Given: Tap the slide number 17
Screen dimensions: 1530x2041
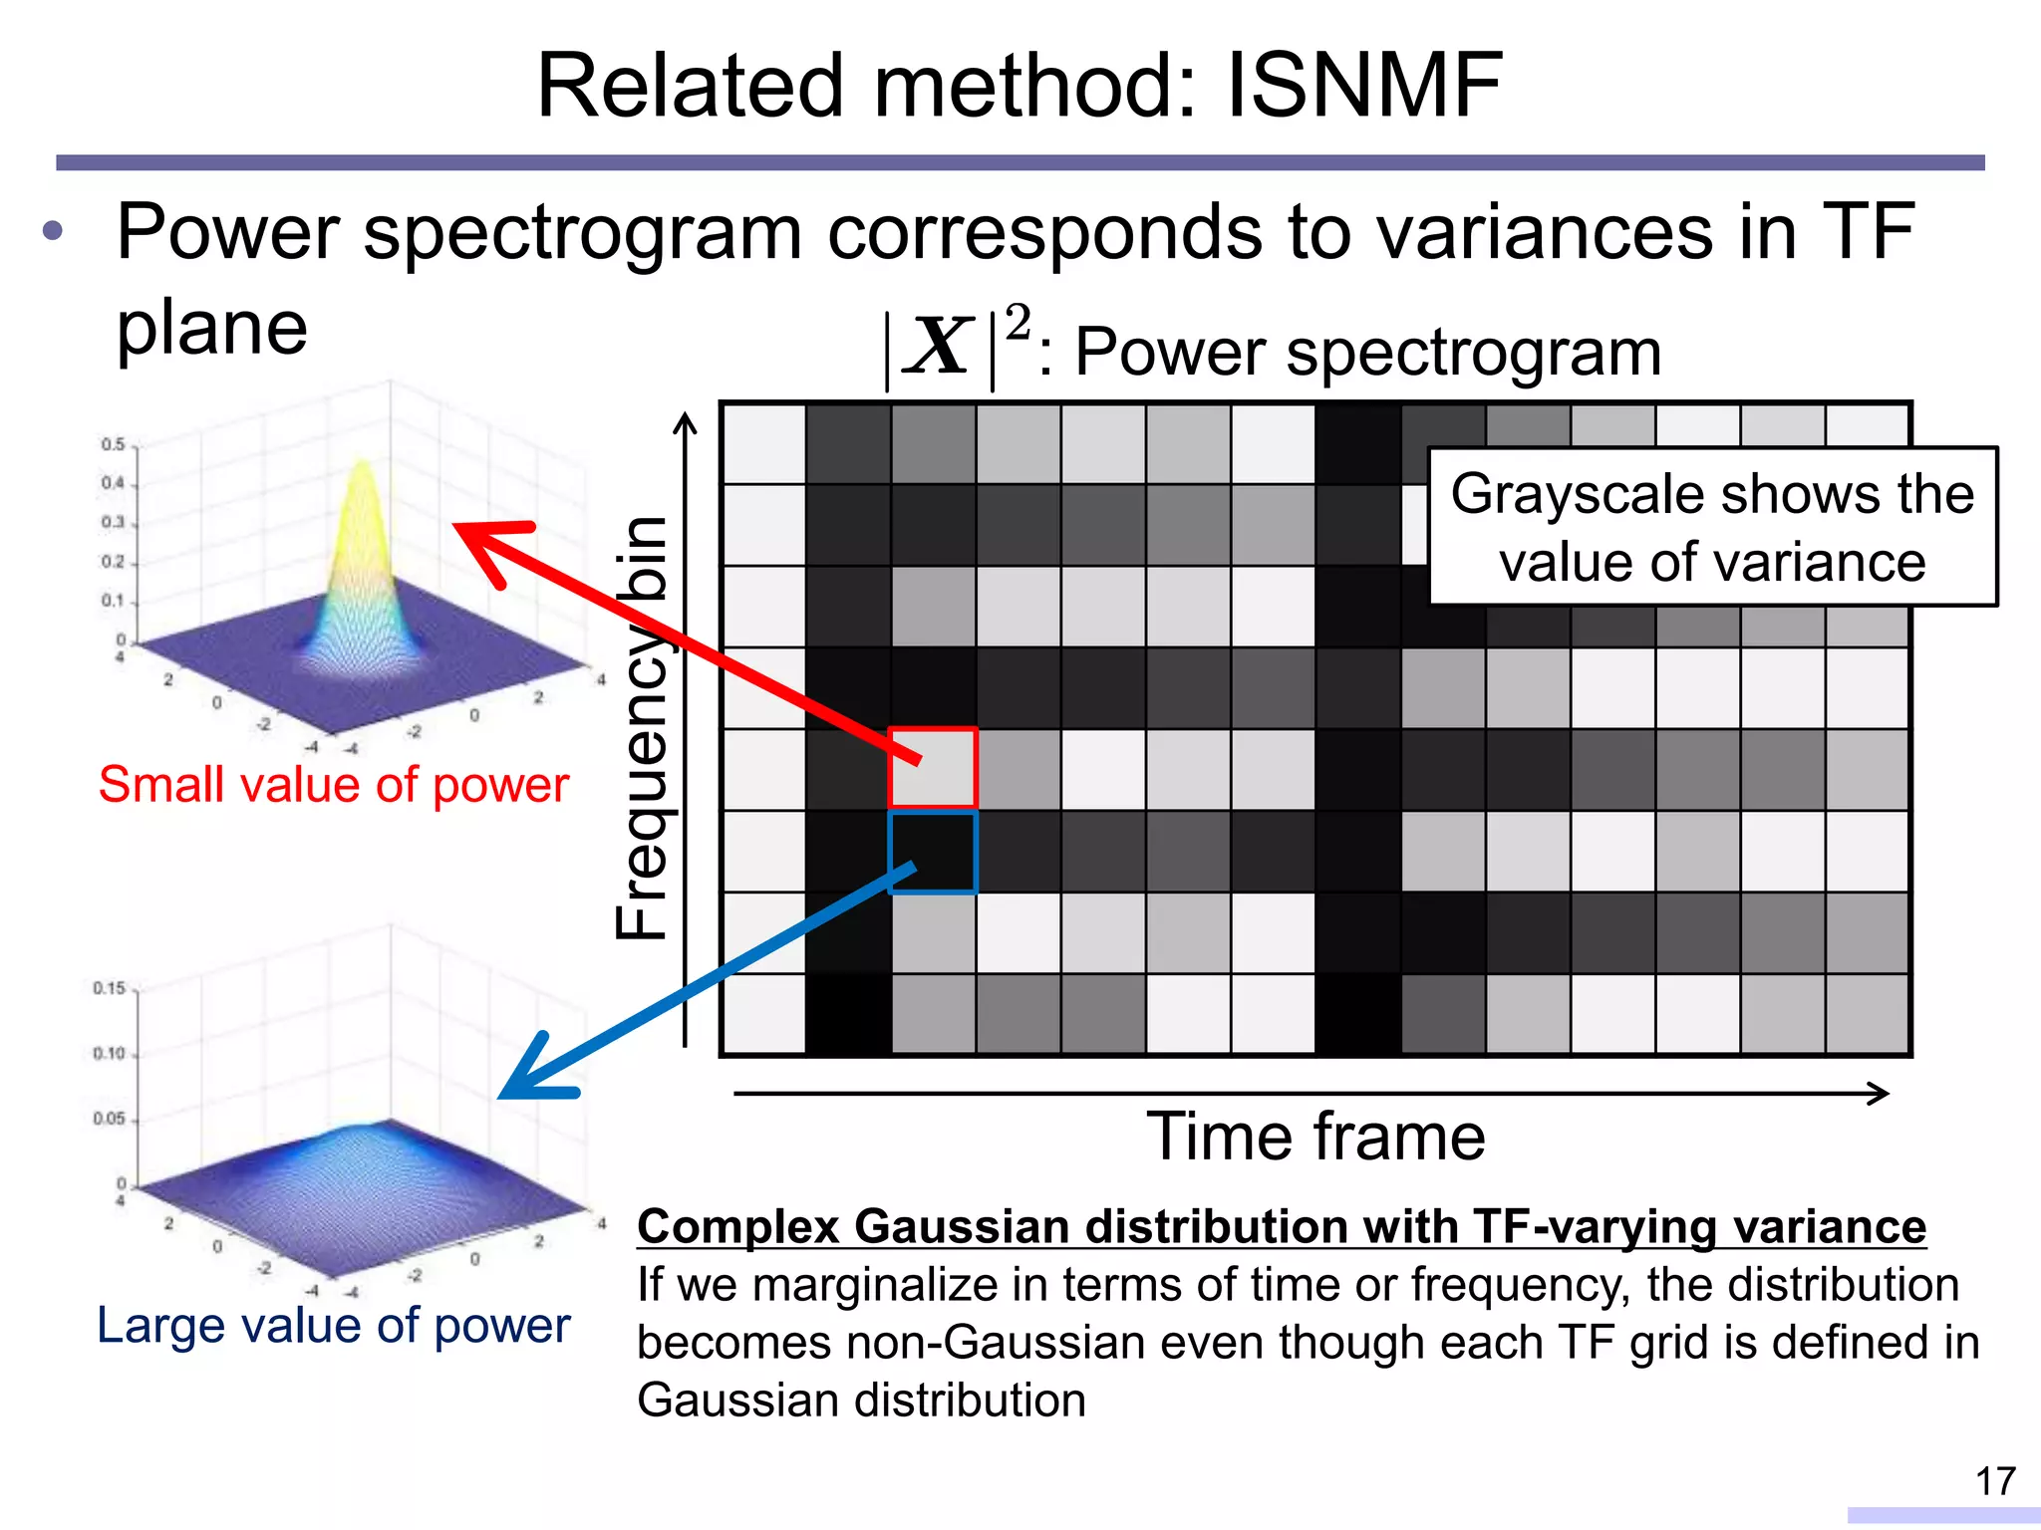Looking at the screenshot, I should pyautogui.click(x=1995, y=1481).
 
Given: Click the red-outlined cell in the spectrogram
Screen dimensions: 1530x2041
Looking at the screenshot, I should pyautogui.click(x=933, y=768).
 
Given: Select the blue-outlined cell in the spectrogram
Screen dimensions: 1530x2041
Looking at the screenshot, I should pyautogui.click(x=933, y=853).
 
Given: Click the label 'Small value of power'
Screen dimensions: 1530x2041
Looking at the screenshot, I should pyautogui.click(x=333, y=784).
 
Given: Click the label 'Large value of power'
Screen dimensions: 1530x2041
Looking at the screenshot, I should pyautogui.click(x=333, y=1325).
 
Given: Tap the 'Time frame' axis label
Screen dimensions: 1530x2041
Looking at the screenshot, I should pyautogui.click(x=1315, y=1137).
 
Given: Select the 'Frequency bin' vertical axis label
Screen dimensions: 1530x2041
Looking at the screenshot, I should pyautogui.click(x=640, y=727).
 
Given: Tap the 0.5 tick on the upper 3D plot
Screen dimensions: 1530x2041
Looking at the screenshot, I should pyautogui.click(x=113, y=444).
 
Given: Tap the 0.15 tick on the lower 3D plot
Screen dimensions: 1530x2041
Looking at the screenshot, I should pyautogui.click(x=109, y=988).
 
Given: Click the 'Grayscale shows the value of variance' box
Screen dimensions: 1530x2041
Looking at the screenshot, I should pyautogui.click(x=1712, y=527).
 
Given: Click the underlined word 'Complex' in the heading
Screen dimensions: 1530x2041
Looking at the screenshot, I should pyautogui.click(x=738, y=1226).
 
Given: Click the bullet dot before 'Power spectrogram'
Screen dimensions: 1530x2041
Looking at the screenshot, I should pyautogui.click(x=53, y=232).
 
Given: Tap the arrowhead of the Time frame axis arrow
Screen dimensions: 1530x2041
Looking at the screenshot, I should pyautogui.click(x=1880, y=1094).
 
